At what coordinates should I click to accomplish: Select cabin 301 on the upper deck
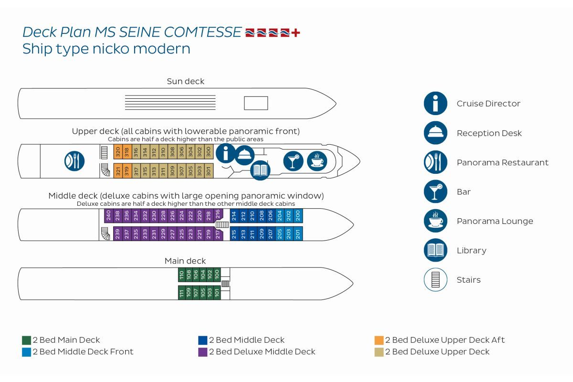tap(208, 170)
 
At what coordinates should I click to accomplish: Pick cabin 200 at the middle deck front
tap(298, 216)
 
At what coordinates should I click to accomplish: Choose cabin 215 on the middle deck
tap(234, 234)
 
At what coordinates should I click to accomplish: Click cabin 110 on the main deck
tap(181, 275)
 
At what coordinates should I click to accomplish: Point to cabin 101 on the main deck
tap(217, 293)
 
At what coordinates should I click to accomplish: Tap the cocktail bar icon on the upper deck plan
tap(293, 160)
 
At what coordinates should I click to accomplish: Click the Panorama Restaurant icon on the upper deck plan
tap(74, 160)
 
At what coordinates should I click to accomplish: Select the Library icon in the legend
tap(435, 250)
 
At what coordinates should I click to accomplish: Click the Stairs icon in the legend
tap(435, 280)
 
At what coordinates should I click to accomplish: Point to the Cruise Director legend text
tap(488, 104)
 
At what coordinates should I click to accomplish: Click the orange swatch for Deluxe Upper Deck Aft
tap(379, 340)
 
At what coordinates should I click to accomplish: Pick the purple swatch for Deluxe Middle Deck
tap(202, 352)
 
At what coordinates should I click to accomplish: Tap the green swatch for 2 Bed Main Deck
tap(27, 340)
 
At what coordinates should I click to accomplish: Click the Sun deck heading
tap(185, 81)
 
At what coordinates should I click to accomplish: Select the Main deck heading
tap(185, 261)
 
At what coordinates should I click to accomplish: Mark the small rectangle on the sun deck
tap(256, 103)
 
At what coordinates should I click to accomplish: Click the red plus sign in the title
tap(296, 33)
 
